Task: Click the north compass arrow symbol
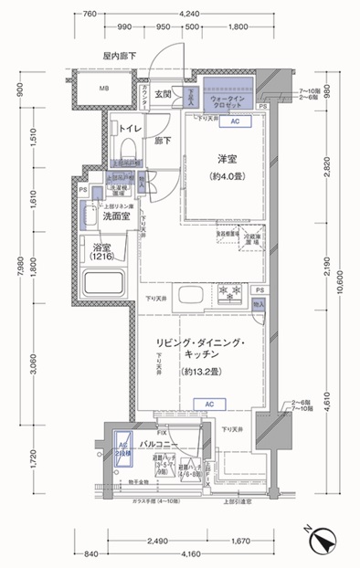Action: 323,542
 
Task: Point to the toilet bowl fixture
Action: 127,147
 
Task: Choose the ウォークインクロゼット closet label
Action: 226,100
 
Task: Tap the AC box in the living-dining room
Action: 208,403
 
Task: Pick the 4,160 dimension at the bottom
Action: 189,553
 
